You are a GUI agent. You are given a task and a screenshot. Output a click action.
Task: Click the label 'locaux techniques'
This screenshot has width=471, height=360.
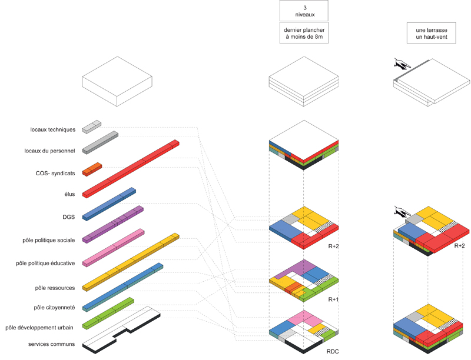coord(52,129)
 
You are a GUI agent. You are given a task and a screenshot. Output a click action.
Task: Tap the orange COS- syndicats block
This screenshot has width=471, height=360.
coord(92,169)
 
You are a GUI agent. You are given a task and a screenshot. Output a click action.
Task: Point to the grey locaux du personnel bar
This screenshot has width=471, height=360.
coord(100,141)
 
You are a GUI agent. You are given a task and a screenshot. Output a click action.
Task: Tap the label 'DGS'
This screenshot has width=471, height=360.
coord(68,216)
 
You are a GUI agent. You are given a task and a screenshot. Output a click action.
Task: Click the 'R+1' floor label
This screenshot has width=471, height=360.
coord(334,299)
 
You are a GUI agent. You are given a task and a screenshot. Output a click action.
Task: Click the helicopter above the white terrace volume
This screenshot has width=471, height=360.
coord(402,64)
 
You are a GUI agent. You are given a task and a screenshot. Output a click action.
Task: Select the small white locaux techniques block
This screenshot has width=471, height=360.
coord(92,126)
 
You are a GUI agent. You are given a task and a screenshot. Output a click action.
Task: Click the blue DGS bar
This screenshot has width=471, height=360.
coord(110,203)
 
